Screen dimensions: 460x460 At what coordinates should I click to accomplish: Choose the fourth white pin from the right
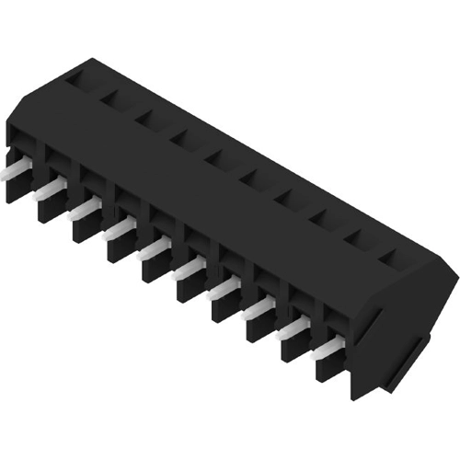[224, 291]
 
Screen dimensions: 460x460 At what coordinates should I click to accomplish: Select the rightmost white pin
[328, 351]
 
